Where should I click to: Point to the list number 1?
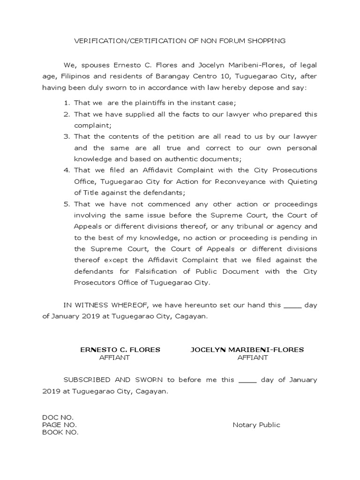tap(67, 103)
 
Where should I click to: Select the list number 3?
tap(67, 136)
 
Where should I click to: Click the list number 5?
tap(67, 204)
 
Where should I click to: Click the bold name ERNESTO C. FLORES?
tap(120, 350)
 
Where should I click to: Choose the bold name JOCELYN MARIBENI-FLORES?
tap(247, 350)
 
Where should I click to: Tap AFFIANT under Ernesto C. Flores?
tap(114, 358)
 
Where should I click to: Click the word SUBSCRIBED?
tap(87, 380)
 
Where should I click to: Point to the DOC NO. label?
tap(58, 417)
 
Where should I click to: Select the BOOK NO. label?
tap(60, 433)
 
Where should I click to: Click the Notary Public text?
tap(256, 425)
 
